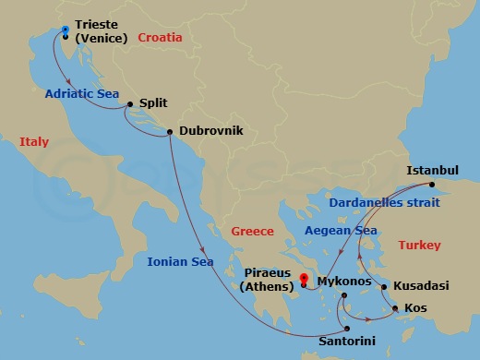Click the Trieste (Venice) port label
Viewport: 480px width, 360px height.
[x=103, y=30]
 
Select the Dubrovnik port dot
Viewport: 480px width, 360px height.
[x=171, y=132]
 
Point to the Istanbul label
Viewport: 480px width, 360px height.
[x=433, y=171]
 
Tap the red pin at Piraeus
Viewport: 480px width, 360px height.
[x=304, y=277]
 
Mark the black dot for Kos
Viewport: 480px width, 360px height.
[x=396, y=308]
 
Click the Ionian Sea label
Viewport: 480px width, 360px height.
[x=180, y=262]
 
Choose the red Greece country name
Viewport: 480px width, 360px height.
[x=253, y=231]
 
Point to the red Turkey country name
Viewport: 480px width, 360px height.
[x=419, y=245]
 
